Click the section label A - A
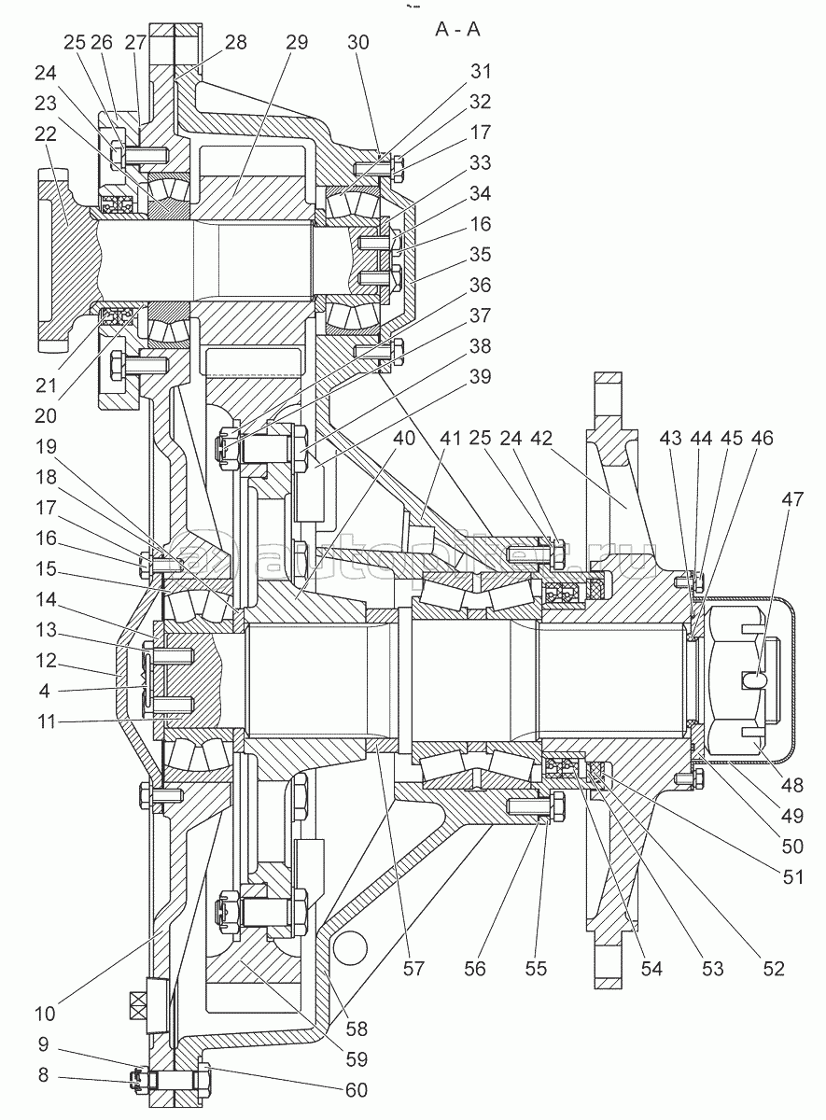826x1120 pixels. coord(457,29)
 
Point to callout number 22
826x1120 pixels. coord(46,133)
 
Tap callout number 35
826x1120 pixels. coord(481,256)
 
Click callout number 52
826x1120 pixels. coord(772,969)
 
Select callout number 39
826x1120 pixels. coord(481,377)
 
